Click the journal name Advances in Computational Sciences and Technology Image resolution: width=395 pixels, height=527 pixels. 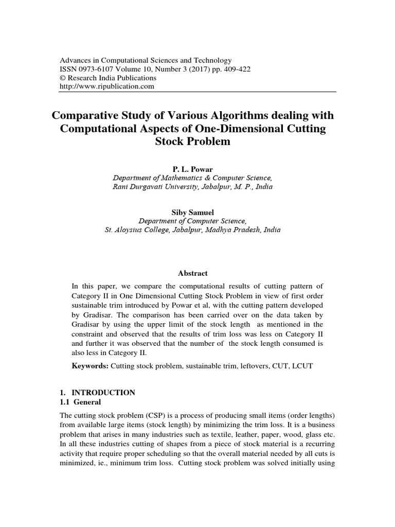click(x=146, y=60)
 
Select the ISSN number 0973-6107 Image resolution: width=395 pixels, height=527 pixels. click(x=97, y=69)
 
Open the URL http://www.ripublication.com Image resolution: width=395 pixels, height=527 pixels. click(x=107, y=86)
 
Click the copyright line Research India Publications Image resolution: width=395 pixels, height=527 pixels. click(x=112, y=78)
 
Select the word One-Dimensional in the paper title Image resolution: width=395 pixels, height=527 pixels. click(x=247, y=128)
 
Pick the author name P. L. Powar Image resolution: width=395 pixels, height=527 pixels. click(x=193, y=169)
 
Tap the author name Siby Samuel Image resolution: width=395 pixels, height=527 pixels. click(x=193, y=212)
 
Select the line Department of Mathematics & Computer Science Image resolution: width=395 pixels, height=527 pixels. click(x=193, y=178)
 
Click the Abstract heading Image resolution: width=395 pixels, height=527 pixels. click(x=193, y=273)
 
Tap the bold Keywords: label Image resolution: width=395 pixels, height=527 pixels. click(x=91, y=365)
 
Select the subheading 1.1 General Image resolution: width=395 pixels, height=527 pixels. click(x=81, y=401)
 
